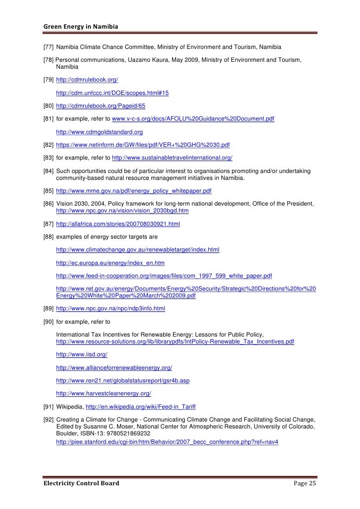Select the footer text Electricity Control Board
pos(81,483)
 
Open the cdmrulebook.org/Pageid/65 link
pos(100,106)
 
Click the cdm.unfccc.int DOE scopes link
pos(112,93)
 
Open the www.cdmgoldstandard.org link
pos(99,132)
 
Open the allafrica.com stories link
pos(118,224)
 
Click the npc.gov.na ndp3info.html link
pos(111,308)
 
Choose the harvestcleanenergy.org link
pos(103,393)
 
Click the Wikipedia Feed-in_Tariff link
pos(140,406)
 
